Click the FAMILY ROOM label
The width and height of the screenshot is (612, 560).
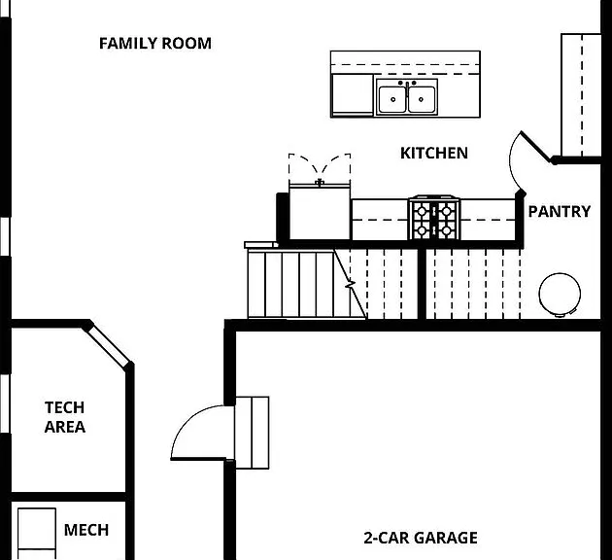tap(155, 44)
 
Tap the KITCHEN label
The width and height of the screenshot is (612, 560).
tap(434, 153)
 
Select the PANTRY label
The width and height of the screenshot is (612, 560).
tap(560, 212)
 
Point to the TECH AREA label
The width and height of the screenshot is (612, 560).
tap(65, 417)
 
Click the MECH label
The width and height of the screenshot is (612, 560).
tap(86, 530)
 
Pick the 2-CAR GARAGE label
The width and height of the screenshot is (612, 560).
tap(421, 538)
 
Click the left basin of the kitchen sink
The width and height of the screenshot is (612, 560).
tap(392, 99)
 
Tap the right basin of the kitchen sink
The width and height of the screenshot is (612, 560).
tap(422, 99)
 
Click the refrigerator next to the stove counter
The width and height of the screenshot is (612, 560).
tap(320, 212)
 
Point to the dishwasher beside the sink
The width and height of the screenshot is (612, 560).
tap(352, 95)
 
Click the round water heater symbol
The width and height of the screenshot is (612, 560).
tap(560, 294)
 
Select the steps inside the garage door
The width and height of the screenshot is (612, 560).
tap(252, 433)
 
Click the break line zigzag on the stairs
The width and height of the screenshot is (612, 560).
tap(350, 284)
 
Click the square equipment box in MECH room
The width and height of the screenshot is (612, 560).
tap(37, 528)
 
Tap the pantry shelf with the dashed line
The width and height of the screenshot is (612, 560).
tap(581, 95)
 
